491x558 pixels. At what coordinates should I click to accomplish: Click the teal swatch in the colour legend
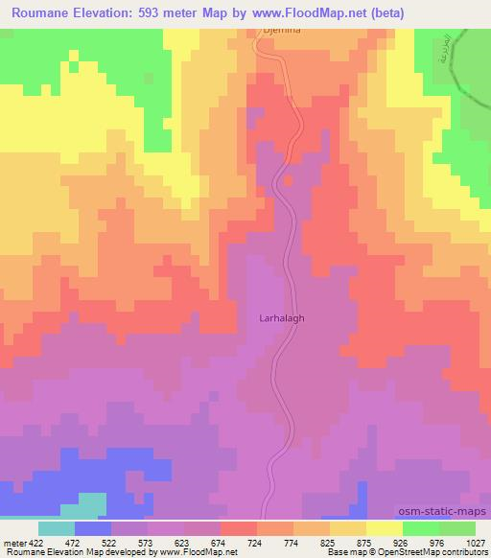57,527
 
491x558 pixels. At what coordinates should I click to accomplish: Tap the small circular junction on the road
287,179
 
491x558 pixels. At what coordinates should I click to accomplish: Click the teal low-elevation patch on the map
90,504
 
